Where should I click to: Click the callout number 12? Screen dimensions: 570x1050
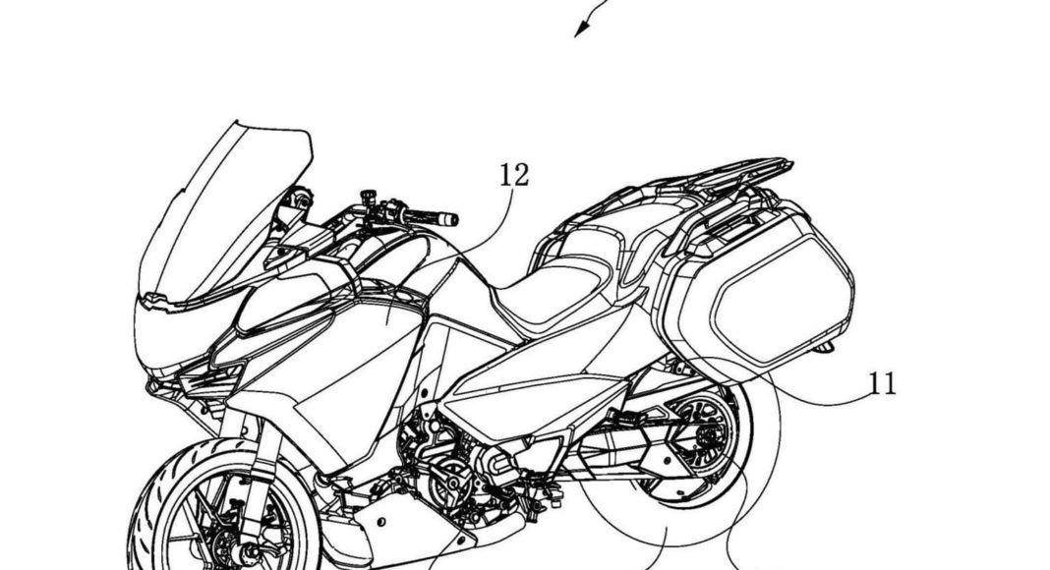513,176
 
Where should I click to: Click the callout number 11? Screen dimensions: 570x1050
883,382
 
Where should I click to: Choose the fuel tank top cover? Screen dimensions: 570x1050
393,251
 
